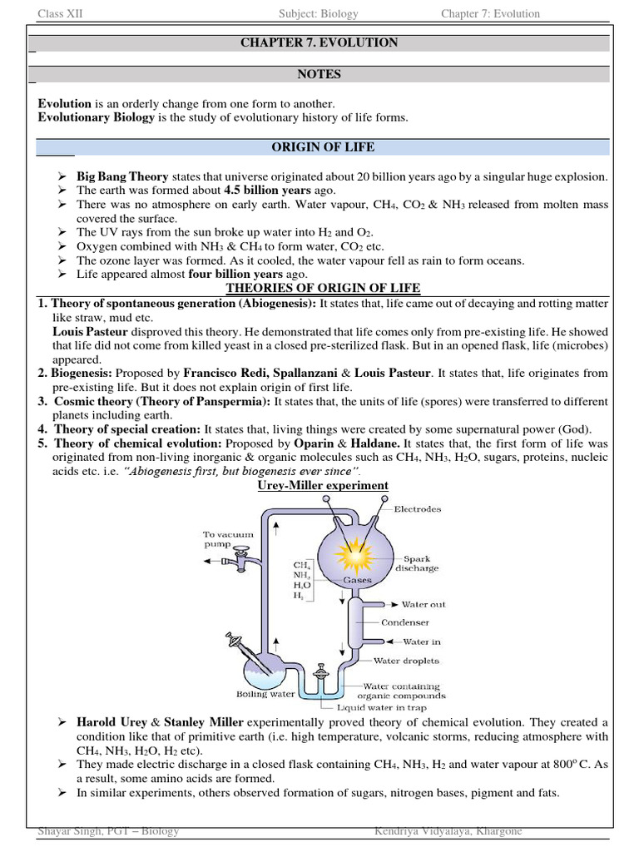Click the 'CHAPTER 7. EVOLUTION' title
coord(319,42)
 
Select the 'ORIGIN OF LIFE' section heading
coord(323,147)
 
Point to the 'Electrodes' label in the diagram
coord(417,508)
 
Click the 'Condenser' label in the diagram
coord(405,622)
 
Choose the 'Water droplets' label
coord(406,661)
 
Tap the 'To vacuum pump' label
coord(225,540)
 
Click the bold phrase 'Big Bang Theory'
coord(122,177)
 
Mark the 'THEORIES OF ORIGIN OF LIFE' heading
coord(324,289)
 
